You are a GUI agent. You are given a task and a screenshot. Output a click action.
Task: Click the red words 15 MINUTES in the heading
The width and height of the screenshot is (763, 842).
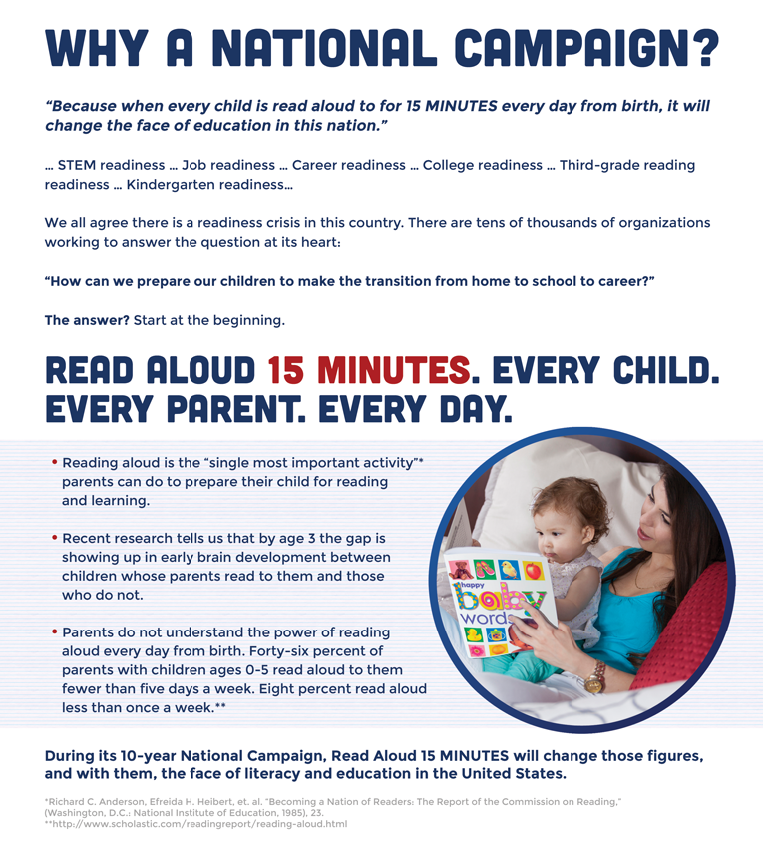(x=369, y=370)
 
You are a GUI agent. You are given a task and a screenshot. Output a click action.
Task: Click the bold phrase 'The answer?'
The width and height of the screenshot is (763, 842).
(x=87, y=320)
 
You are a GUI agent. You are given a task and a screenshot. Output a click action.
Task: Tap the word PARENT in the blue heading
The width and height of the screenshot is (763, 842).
(x=235, y=410)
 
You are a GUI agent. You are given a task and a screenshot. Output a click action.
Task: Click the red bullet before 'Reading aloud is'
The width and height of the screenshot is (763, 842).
(x=54, y=462)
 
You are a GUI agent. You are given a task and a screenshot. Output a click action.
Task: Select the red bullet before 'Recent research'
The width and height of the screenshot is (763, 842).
(x=54, y=537)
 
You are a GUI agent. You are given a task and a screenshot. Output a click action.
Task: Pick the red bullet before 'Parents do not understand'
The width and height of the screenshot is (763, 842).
(x=54, y=631)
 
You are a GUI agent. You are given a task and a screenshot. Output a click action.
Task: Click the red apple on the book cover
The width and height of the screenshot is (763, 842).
(x=534, y=571)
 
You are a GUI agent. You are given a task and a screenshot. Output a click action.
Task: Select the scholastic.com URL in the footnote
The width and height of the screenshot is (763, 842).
(x=199, y=824)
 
